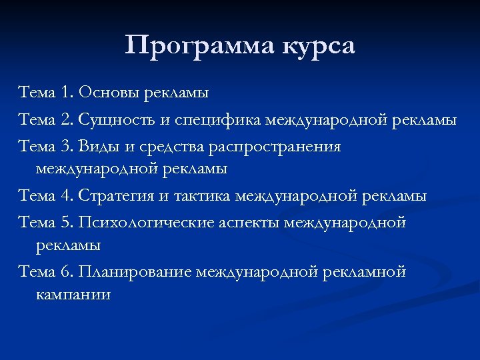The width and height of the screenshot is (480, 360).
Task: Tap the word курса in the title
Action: [318, 47]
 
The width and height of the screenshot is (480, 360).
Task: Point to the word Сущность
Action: [113, 121]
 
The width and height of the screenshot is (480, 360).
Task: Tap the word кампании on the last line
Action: [73, 295]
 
